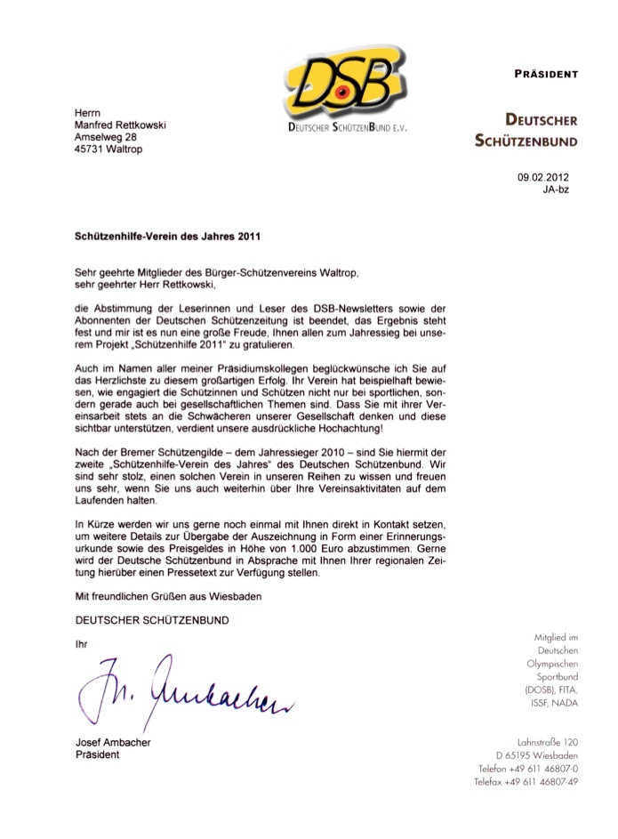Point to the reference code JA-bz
point(556,190)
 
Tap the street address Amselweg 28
point(105,137)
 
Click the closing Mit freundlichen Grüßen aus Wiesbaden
point(166,593)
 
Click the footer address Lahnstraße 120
point(547,741)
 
